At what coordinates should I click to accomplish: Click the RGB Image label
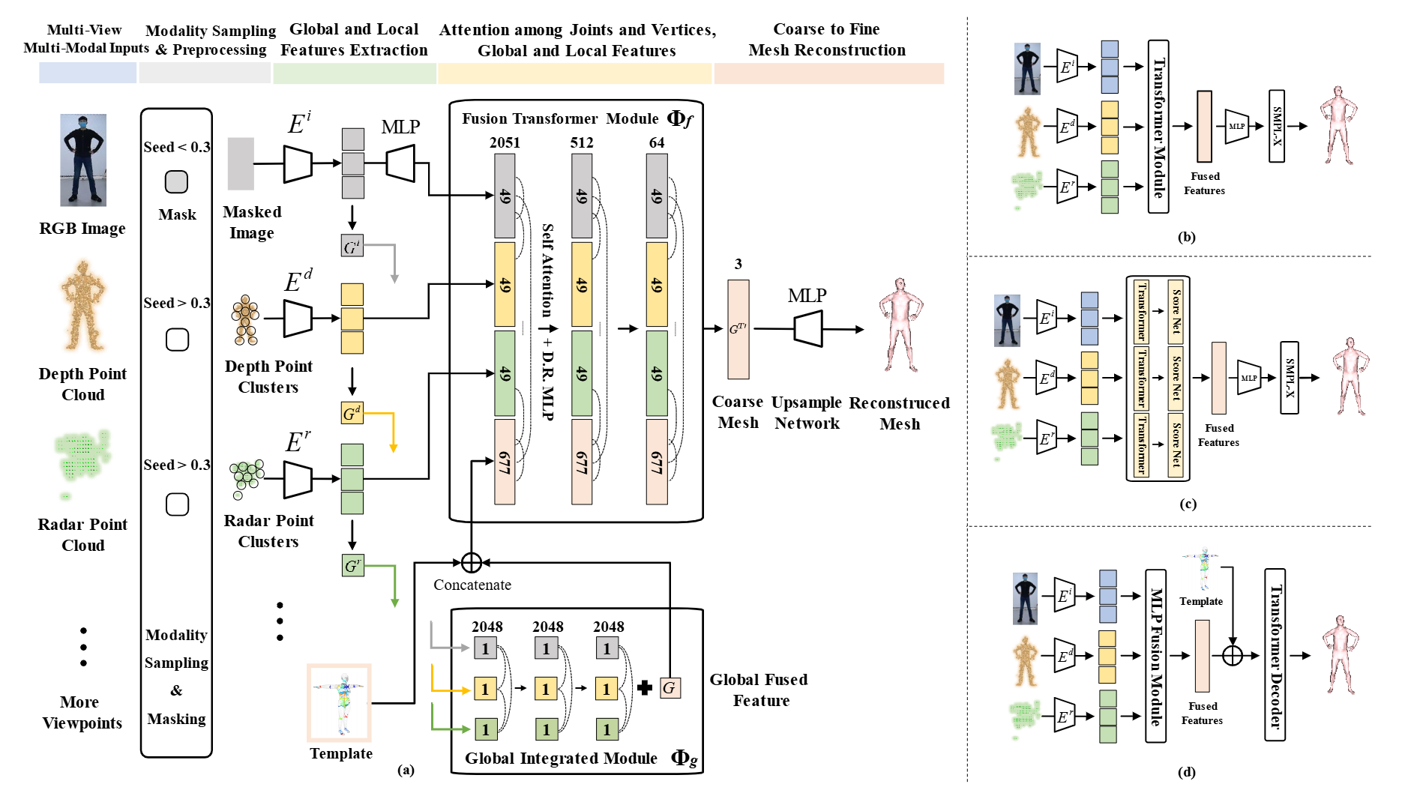click(x=82, y=229)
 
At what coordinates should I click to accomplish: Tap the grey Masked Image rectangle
click(x=241, y=163)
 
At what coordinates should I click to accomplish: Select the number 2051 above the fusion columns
click(x=505, y=142)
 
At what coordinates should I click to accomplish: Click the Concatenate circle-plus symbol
click(x=471, y=562)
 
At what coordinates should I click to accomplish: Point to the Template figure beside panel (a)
click(x=340, y=703)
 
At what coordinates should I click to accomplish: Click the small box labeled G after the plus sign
click(x=670, y=687)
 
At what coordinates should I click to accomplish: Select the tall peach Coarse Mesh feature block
click(x=738, y=329)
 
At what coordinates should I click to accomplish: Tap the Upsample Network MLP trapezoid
click(x=808, y=328)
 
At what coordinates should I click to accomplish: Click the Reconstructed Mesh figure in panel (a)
click(x=900, y=325)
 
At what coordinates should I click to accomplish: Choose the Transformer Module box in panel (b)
click(x=1158, y=127)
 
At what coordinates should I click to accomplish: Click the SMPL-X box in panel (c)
click(x=1290, y=378)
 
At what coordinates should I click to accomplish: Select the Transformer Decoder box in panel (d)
click(x=1275, y=654)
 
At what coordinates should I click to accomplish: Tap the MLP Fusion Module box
click(x=1155, y=656)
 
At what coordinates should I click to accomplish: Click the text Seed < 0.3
click(x=177, y=147)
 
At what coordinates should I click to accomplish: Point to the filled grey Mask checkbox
click(x=176, y=182)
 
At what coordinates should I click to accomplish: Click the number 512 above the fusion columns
click(x=582, y=142)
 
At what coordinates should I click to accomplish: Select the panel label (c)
click(x=1188, y=504)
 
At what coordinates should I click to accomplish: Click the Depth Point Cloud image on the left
click(x=82, y=306)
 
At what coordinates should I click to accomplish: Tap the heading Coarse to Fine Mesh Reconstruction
click(x=827, y=40)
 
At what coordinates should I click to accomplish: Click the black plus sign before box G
click(x=645, y=687)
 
